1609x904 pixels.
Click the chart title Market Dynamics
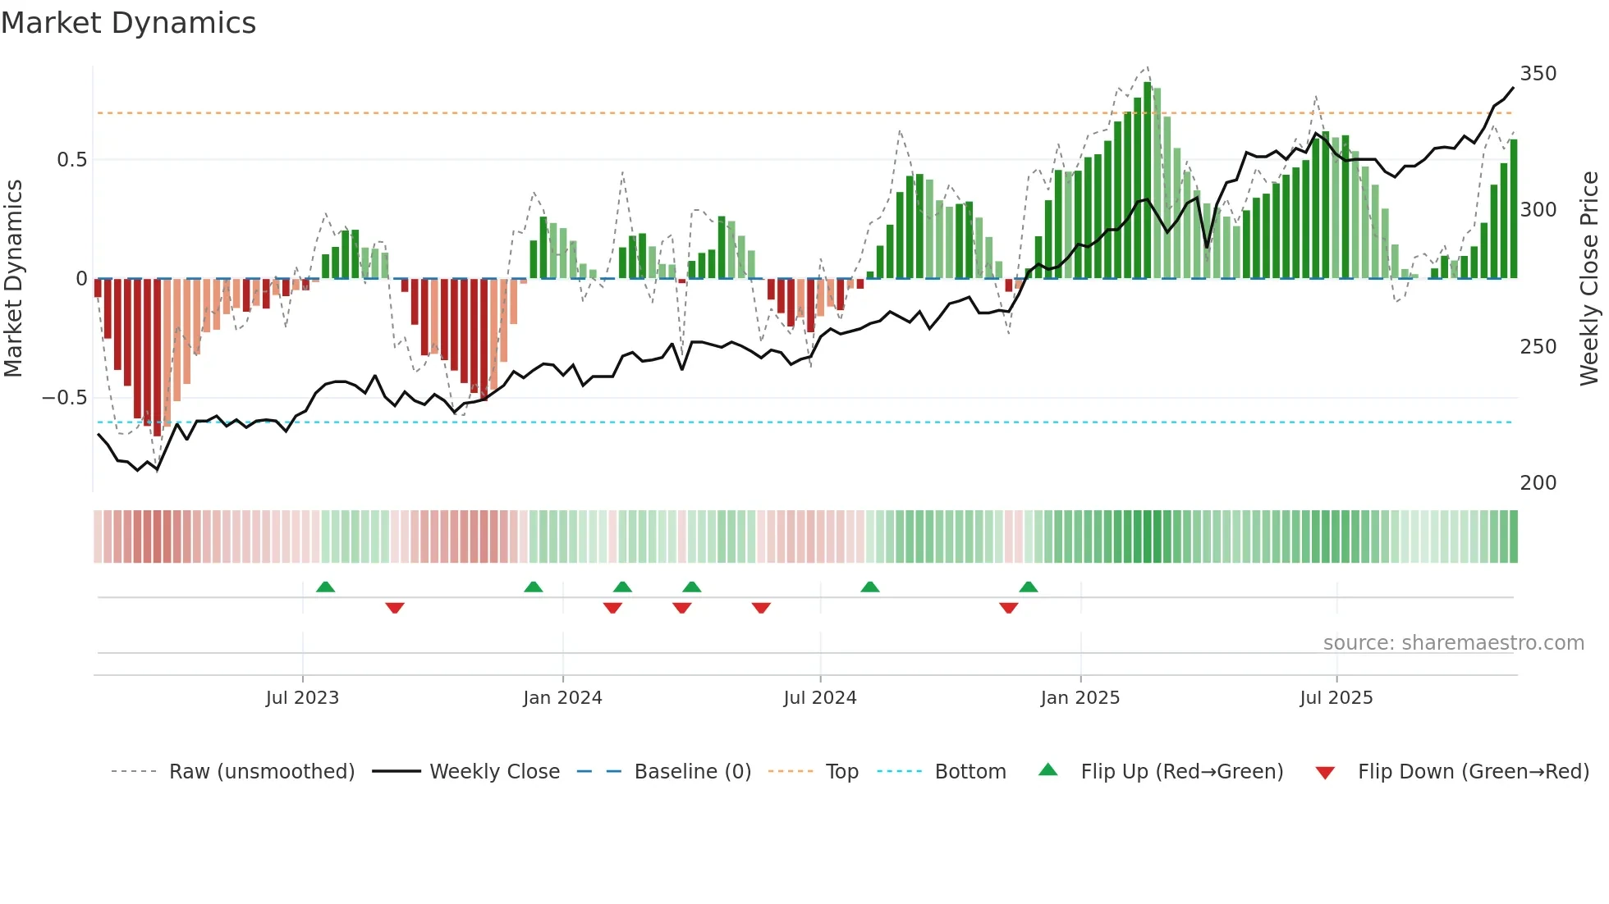click(x=129, y=23)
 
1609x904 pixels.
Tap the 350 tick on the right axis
click(x=1538, y=74)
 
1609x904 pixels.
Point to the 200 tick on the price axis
click(x=1538, y=483)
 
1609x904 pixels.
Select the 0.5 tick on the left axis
click(x=71, y=160)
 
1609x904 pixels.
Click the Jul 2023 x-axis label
click(x=302, y=698)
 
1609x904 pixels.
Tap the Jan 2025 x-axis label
click(x=1080, y=698)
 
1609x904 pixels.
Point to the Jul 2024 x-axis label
click(x=819, y=698)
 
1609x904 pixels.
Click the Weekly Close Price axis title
click(x=1589, y=279)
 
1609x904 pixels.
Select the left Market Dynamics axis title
click(x=13, y=279)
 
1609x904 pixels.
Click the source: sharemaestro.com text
click(x=1453, y=643)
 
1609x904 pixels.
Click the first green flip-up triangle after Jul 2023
click(x=325, y=587)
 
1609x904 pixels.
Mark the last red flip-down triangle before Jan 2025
click(x=1009, y=608)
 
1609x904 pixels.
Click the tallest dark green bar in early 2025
click(x=1147, y=180)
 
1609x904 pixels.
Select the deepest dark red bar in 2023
click(x=157, y=357)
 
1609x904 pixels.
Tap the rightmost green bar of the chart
click(x=1514, y=209)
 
